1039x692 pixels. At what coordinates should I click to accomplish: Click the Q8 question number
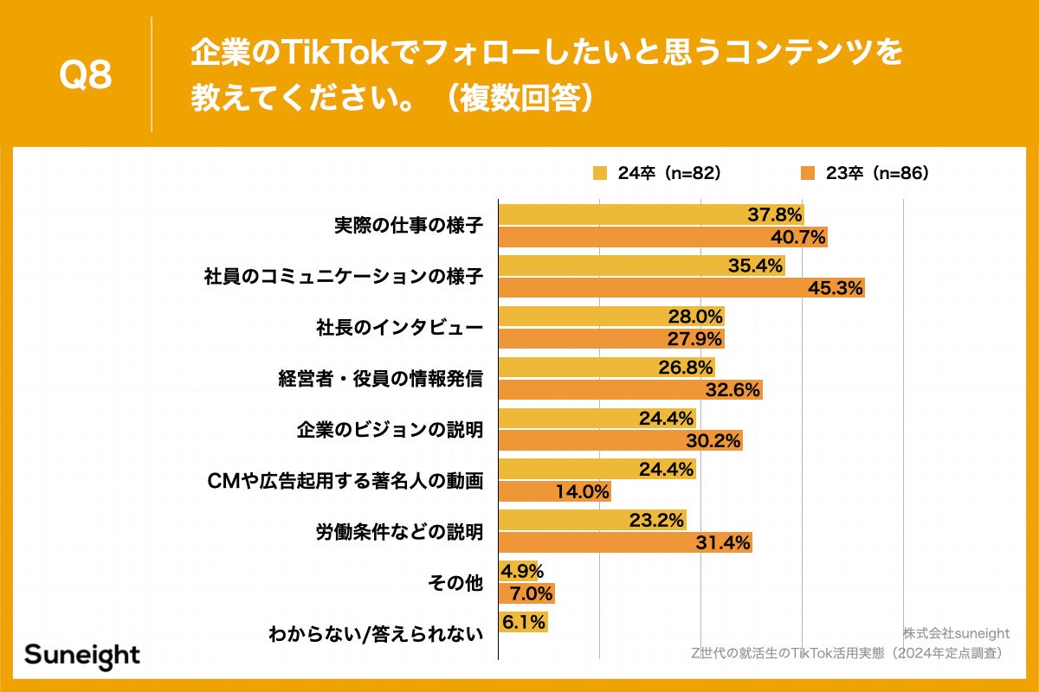coord(85,76)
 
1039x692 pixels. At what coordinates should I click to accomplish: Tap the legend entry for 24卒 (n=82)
coord(657,173)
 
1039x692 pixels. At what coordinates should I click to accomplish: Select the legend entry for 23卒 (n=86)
coord(865,173)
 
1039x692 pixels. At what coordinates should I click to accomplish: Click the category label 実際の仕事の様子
coord(409,226)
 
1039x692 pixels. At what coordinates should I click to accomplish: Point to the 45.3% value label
coord(836,289)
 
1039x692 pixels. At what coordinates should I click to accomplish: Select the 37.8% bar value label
coord(775,215)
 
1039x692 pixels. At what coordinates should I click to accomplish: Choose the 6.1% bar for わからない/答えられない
coord(523,622)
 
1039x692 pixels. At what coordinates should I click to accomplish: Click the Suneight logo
coord(82,655)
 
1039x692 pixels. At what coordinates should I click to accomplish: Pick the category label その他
coord(455,583)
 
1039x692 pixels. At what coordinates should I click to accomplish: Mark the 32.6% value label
coord(733,390)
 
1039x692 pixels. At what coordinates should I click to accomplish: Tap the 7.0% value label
coord(527,594)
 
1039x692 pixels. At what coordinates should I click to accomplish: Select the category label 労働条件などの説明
coord(398,532)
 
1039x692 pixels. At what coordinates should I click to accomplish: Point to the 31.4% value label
coord(723,543)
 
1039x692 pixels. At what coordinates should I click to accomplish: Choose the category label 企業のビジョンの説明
coord(390,430)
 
